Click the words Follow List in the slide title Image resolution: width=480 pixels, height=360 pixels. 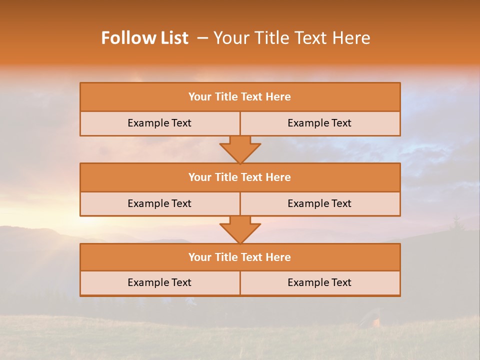pos(145,38)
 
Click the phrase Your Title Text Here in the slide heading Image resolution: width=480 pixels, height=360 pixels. pos(292,38)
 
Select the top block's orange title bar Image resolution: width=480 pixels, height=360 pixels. pos(240,97)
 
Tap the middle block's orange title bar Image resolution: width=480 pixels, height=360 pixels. pos(240,177)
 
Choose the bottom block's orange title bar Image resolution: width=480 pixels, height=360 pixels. pos(240,257)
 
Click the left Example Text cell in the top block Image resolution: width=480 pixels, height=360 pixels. pos(159,123)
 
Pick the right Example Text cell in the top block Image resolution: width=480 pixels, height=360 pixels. pos(319,123)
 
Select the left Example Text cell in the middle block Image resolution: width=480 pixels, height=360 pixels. pos(159,204)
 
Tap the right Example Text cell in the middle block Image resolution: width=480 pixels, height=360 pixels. pos(319,204)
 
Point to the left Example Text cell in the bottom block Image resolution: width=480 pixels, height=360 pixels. pos(159,283)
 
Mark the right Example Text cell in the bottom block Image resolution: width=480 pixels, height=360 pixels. pos(319,283)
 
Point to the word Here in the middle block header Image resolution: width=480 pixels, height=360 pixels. pos(278,177)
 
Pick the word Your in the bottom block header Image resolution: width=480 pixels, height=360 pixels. pos(199,257)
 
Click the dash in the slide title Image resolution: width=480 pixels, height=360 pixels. pos(202,38)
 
